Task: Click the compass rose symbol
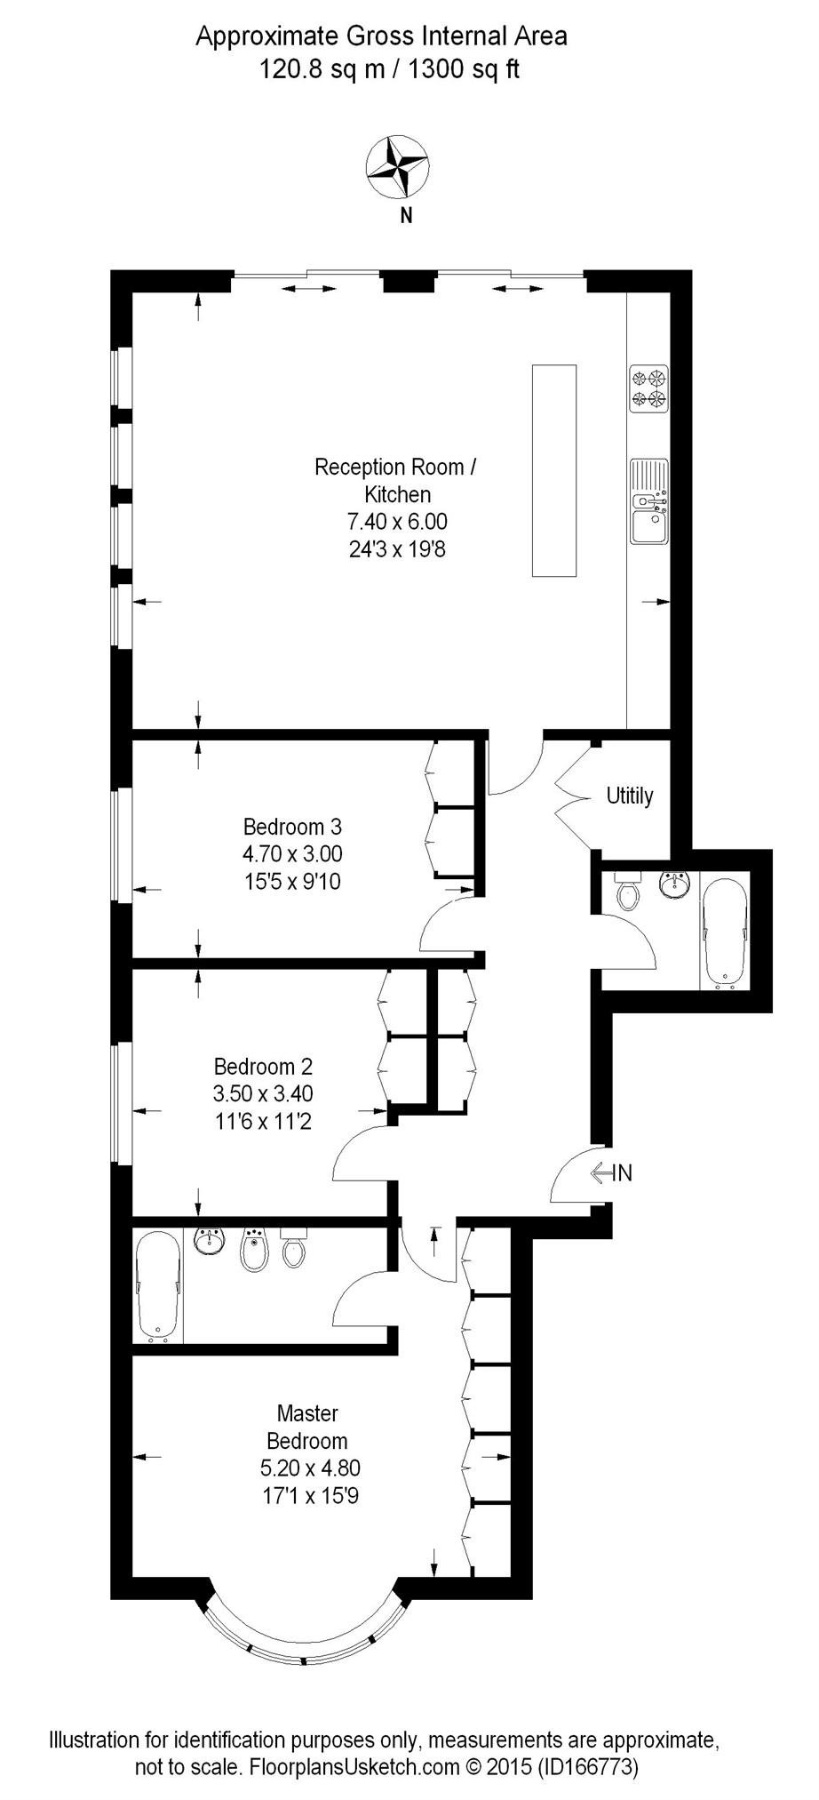(397, 167)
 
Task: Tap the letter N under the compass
(406, 215)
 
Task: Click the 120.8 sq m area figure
(322, 68)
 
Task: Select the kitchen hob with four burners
(648, 388)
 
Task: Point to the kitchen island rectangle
(553, 470)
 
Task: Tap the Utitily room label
(629, 796)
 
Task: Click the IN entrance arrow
(612, 1172)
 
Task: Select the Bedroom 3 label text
(292, 827)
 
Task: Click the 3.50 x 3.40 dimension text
(263, 1093)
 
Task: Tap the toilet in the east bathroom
(628, 892)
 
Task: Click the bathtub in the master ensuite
(158, 1286)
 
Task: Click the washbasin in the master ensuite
(211, 1241)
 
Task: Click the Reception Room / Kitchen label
(396, 480)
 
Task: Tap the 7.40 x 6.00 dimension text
(397, 522)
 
